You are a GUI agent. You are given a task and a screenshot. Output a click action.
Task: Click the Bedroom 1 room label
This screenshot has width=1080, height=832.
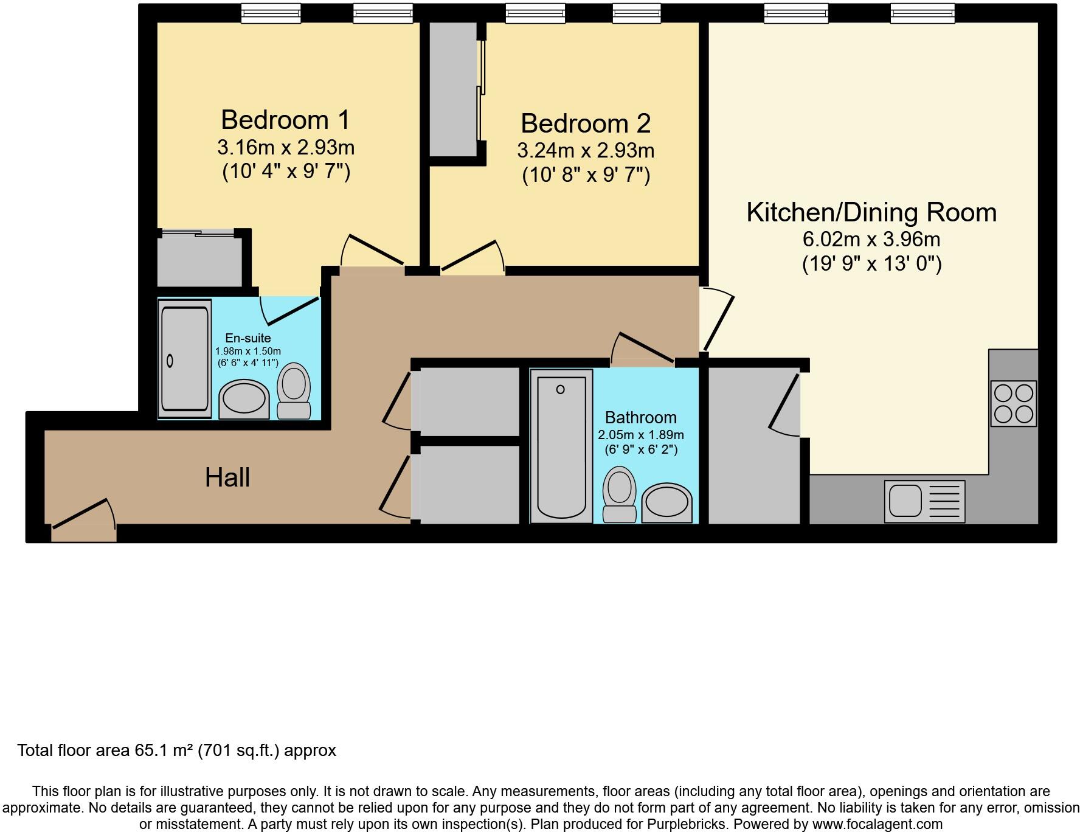285,120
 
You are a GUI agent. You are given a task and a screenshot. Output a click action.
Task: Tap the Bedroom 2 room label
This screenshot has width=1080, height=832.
586,123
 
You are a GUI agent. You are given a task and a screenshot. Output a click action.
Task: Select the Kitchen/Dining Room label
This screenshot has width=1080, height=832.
871,212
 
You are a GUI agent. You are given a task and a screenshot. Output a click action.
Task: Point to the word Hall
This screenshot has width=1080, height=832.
227,477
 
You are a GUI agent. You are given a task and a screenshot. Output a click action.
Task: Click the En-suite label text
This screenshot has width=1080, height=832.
248,338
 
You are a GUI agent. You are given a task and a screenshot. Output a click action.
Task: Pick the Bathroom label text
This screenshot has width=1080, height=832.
641,418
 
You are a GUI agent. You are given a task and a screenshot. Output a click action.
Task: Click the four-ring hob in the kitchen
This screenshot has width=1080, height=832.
1013,403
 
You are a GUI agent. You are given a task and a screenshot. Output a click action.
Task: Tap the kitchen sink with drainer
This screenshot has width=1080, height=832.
924,502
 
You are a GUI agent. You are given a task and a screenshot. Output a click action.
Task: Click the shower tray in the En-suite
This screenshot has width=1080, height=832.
184,359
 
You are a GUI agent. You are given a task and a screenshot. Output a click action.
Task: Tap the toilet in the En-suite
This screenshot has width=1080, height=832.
294,390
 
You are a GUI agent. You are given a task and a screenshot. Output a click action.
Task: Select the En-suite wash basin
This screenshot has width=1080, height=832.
244,400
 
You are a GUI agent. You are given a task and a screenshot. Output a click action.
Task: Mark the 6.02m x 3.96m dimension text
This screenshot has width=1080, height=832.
871,240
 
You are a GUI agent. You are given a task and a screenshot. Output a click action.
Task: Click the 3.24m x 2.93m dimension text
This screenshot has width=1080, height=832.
586,150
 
